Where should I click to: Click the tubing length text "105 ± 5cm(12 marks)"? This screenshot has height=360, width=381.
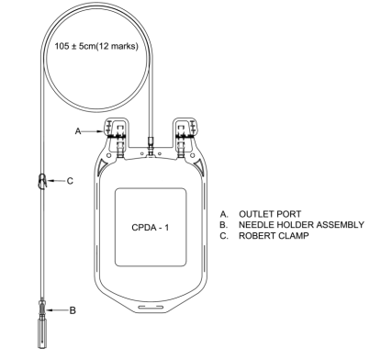tap(96, 46)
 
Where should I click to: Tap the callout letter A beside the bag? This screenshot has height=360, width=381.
tap(78, 131)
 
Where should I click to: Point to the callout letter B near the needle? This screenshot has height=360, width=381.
tap(73, 310)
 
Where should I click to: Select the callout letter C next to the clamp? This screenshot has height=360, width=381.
tap(70, 181)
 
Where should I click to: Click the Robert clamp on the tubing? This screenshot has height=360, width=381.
tap(43, 181)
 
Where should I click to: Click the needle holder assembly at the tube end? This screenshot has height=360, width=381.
tap(42, 324)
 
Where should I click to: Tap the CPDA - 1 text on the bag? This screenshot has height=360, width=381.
tap(150, 228)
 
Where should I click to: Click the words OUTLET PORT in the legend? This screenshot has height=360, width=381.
tap(270, 214)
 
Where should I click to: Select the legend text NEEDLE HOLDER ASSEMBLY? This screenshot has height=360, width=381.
tap(301, 225)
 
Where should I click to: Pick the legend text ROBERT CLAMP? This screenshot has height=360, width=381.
tap(274, 236)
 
